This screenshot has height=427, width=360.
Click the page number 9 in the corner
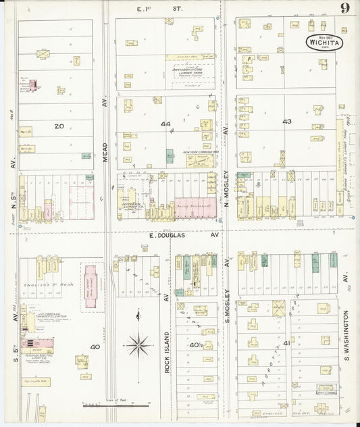[x=344, y=8]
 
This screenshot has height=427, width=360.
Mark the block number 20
[x=59, y=126]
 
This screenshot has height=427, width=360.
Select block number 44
[x=165, y=124]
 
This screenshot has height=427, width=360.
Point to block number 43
[x=287, y=122]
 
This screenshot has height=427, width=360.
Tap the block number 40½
[x=196, y=346]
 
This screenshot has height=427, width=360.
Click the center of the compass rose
[x=138, y=345]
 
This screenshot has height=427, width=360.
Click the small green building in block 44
[x=170, y=155]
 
